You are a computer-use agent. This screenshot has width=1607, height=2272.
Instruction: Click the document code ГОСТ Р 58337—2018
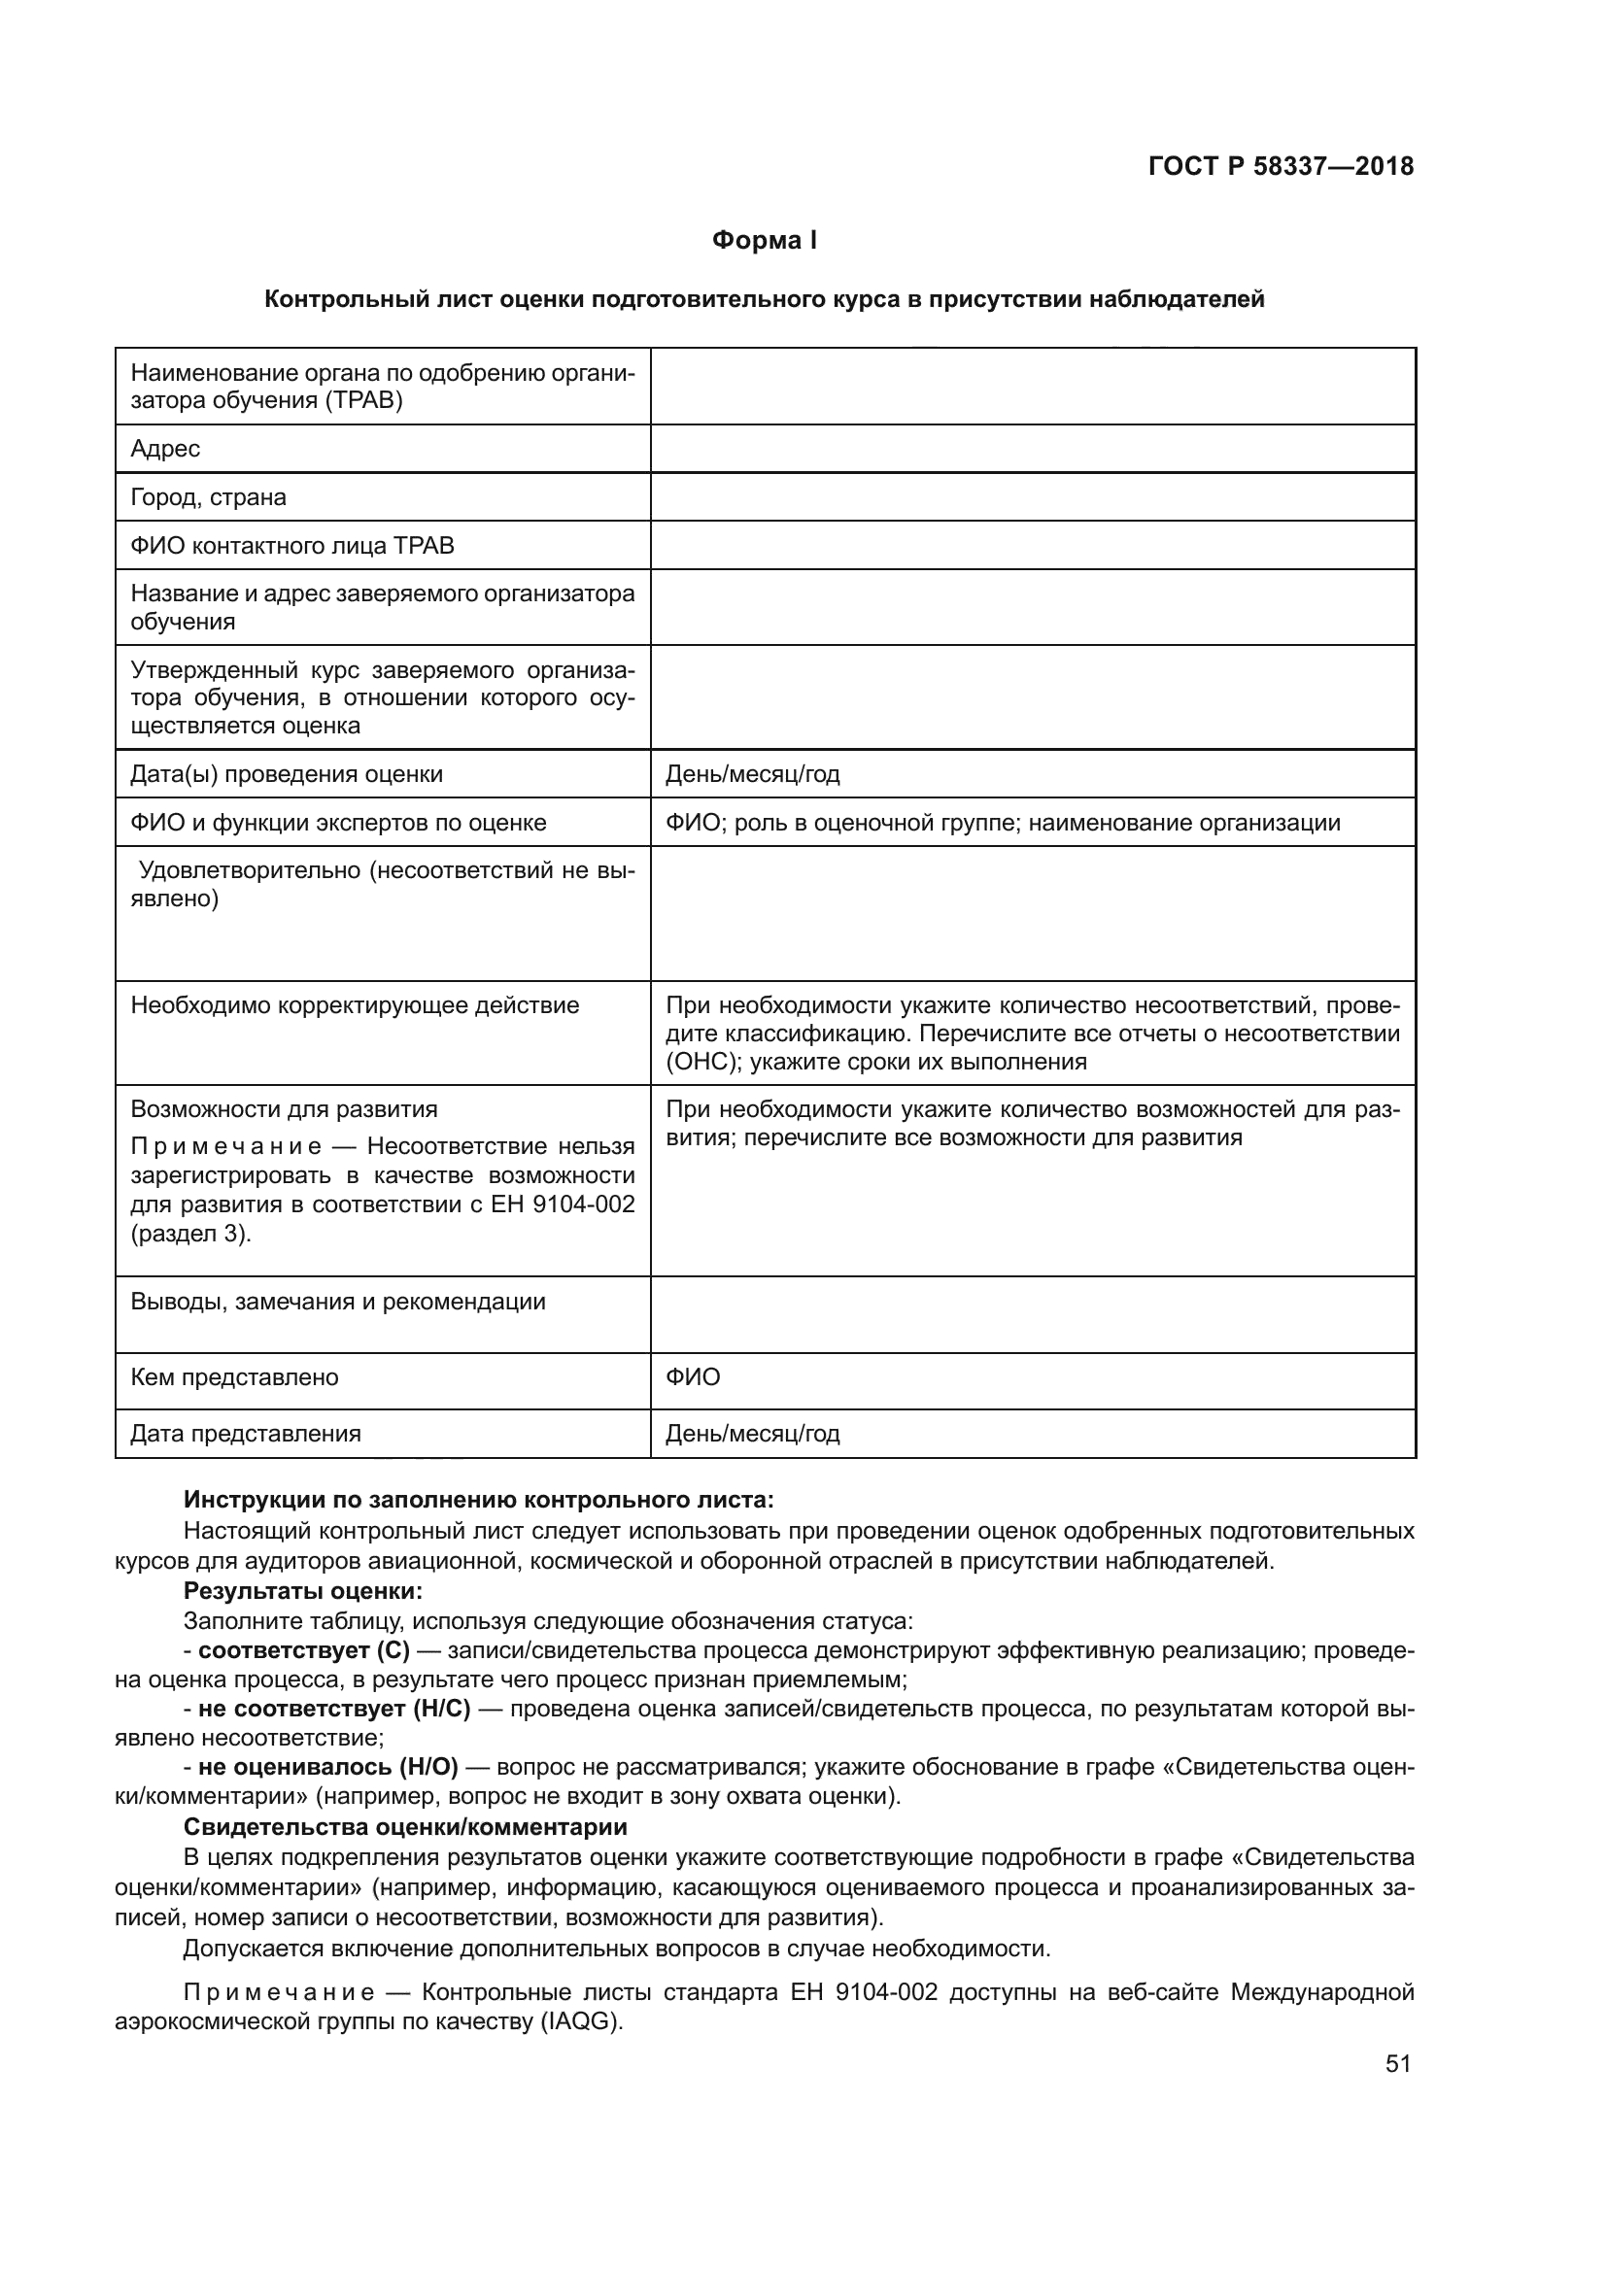click(1281, 166)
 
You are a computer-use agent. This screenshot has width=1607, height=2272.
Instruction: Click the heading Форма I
click(764, 241)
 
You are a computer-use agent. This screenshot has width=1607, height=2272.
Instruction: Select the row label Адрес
click(165, 450)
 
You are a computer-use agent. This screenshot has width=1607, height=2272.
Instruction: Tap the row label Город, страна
click(208, 496)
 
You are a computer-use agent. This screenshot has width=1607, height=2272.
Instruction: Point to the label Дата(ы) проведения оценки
click(286, 774)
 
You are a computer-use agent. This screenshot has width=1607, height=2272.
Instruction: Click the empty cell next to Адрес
click(1032, 450)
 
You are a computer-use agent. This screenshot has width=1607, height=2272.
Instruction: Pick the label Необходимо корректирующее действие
click(355, 1005)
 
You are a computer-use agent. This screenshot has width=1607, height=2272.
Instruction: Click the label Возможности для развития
click(284, 1109)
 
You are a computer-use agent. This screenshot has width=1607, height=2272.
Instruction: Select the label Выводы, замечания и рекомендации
click(337, 1302)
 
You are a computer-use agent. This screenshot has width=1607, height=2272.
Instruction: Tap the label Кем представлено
click(234, 1377)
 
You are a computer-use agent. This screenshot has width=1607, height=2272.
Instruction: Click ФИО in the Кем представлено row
click(693, 1377)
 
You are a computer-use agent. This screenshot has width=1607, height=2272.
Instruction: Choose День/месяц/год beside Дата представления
click(752, 1434)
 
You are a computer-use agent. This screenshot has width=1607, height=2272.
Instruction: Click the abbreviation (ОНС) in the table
click(702, 1062)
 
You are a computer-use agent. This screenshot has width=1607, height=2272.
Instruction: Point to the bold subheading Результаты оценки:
click(303, 1591)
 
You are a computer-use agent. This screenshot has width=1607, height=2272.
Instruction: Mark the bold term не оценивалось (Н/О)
click(327, 1767)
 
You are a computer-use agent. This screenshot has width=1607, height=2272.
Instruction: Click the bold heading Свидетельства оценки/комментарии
click(406, 1827)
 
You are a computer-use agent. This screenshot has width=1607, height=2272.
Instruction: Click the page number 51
click(1397, 2063)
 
